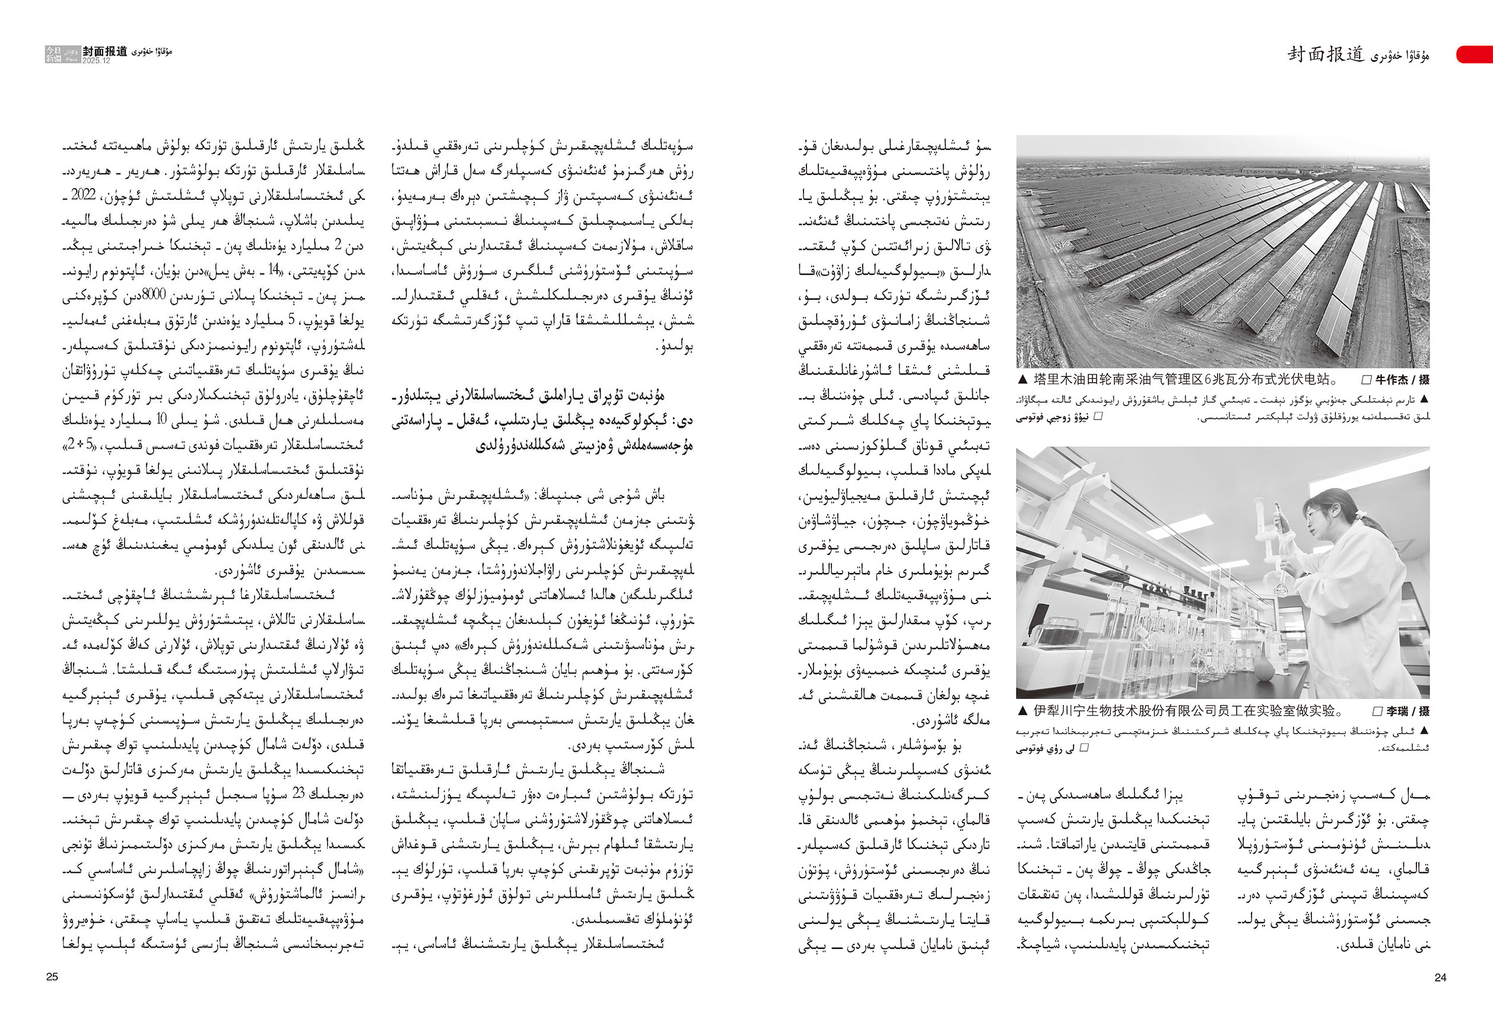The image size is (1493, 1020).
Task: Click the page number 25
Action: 52,976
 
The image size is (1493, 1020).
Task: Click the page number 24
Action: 1440,977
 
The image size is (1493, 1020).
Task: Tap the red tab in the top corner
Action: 1475,54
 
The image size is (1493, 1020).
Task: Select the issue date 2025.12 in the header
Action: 96,61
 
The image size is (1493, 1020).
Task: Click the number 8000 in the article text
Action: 154,295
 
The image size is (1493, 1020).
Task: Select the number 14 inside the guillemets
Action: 274,270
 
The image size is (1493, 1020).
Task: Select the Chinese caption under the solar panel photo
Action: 1185,380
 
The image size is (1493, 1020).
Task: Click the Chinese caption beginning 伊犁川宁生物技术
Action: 1189,711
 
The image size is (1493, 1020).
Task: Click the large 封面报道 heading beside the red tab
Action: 1325,55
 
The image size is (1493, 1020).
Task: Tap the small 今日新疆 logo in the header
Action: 54,54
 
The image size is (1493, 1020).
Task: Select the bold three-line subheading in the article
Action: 543,421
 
